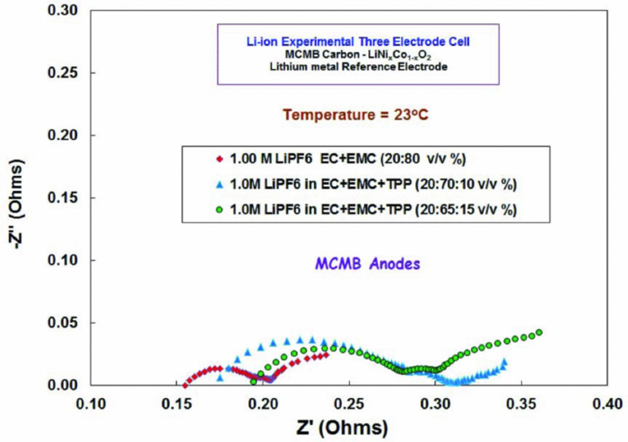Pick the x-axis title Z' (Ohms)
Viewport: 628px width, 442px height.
341,427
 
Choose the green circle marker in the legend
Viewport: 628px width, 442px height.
220,209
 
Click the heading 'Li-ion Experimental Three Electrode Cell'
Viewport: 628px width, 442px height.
358,41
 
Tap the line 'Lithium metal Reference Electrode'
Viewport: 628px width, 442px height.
358,67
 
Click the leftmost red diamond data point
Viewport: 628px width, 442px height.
185,385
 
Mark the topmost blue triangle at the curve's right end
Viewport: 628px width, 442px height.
504,362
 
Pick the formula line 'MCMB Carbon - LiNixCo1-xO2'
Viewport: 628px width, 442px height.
358,55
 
